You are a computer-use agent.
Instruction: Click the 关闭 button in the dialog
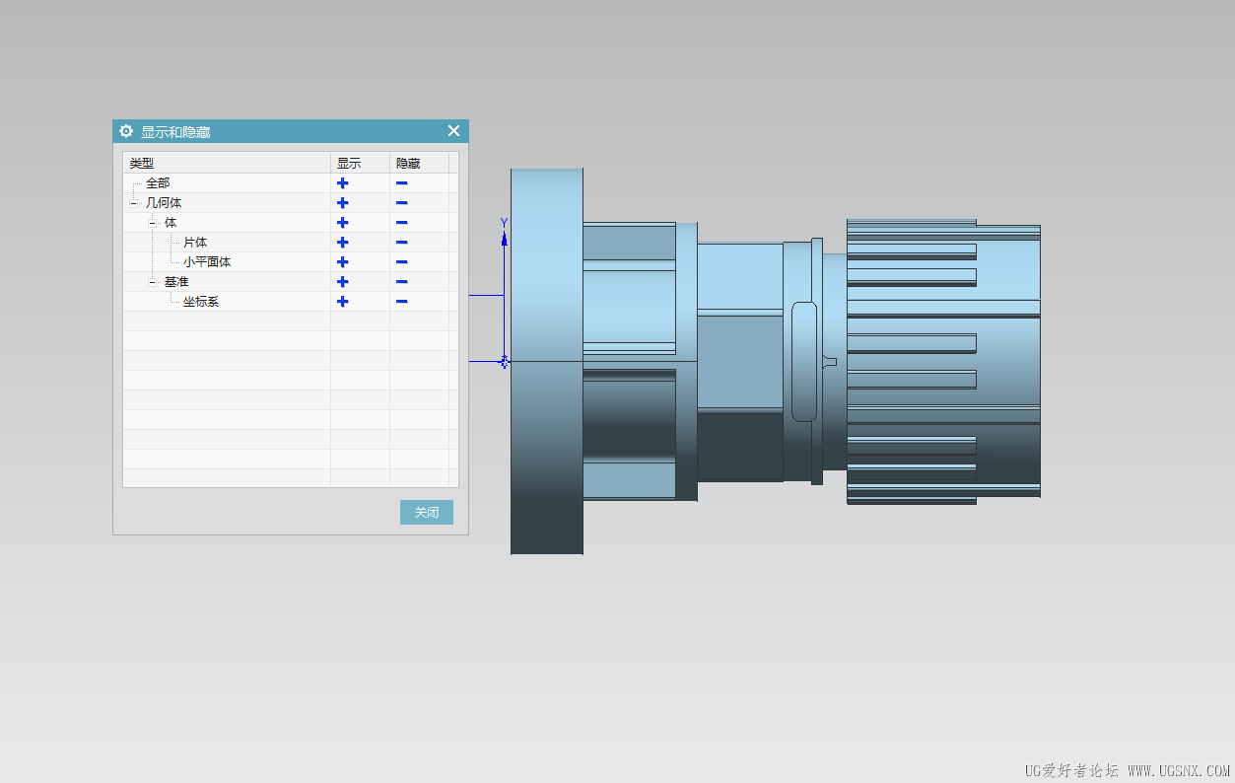click(x=426, y=512)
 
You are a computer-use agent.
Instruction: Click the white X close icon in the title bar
click(x=453, y=131)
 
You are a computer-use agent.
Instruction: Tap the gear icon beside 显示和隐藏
click(x=126, y=131)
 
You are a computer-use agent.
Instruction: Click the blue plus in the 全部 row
click(x=342, y=183)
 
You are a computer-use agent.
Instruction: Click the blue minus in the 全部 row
click(x=401, y=183)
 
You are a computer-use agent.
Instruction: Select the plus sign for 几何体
click(x=342, y=203)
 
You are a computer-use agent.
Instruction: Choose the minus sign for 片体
click(x=401, y=243)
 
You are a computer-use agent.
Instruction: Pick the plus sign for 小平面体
click(x=342, y=262)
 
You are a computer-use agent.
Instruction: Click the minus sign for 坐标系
click(x=401, y=302)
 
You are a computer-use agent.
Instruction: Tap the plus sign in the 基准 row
click(x=342, y=282)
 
